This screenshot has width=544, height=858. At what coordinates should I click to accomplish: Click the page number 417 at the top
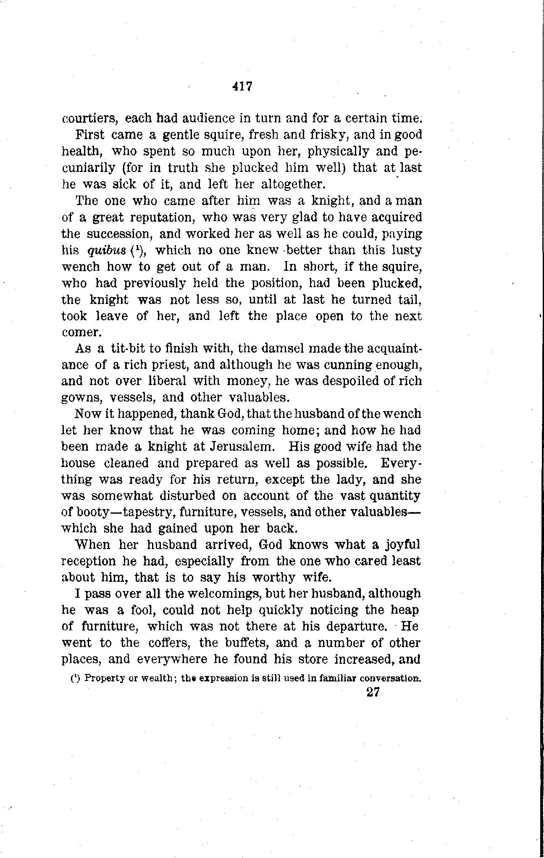coord(241,87)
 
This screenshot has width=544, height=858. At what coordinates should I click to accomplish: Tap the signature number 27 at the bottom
coord(373,692)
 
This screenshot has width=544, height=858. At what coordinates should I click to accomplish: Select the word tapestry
coord(141,512)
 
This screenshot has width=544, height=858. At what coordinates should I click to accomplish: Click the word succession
coord(120,234)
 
